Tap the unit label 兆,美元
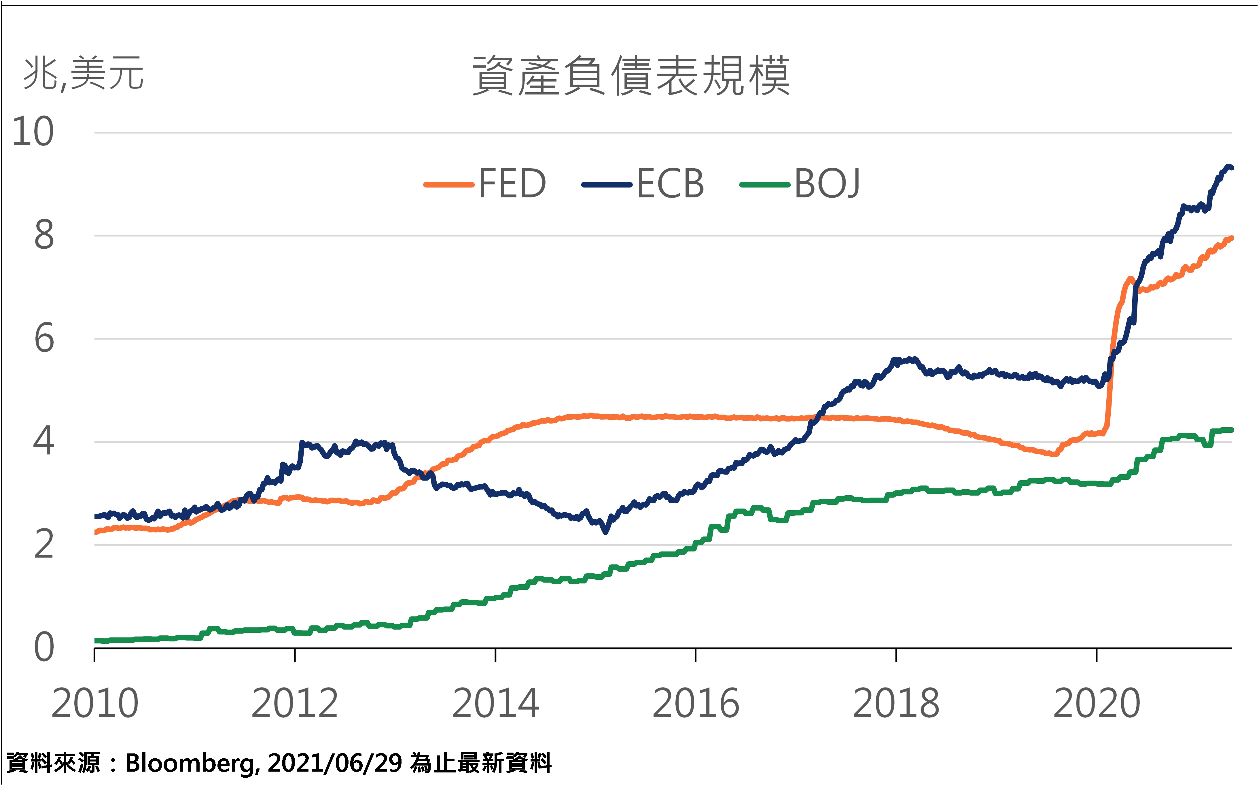click(x=83, y=74)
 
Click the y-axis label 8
click(x=44, y=235)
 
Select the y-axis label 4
click(x=44, y=441)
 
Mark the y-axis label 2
click(x=44, y=545)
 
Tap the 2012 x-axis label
click(x=295, y=703)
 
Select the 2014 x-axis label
click(x=495, y=703)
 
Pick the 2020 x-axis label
click(x=1096, y=703)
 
